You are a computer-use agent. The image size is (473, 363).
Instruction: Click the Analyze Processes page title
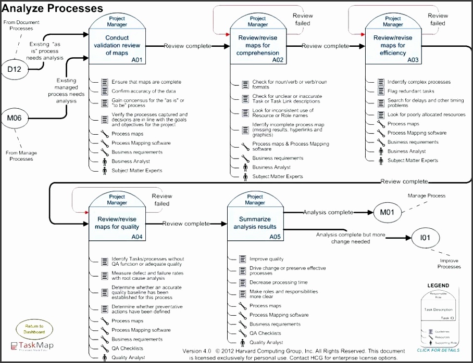pyautogui.click(x=52, y=8)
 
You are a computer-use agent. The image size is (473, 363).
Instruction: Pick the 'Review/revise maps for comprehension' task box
pyautogui.click(x=258, y=46)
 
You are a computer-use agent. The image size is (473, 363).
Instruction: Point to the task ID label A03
pyautogui.click(x=413, y=60)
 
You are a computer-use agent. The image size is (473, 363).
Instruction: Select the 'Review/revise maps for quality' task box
pyautogui.click(x=117, y=223)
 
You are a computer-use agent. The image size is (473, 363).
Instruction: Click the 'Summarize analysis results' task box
pyautogui.click(x=255, y=223)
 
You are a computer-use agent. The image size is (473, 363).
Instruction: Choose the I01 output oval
pyautogui.click(x=425, y=238)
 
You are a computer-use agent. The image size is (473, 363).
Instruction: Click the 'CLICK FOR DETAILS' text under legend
pyautogui.click(x=438, y=349)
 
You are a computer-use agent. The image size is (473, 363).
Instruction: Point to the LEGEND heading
pyautogui.click(x=438, y=286)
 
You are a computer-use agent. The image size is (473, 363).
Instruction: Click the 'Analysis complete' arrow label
pyautogui.click(x=328, y=212)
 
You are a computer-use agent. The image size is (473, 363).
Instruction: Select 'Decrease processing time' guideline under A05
pyautogui.click(x=278, y=282)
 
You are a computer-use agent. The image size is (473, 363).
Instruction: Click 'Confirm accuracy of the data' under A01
pyautogui.click(x=143, y=91)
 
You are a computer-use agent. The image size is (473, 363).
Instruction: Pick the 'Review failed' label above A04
pyautogui.click(x=161, y=200)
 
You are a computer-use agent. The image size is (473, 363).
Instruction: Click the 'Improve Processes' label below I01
pyautogui.click(x=449, y=264)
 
